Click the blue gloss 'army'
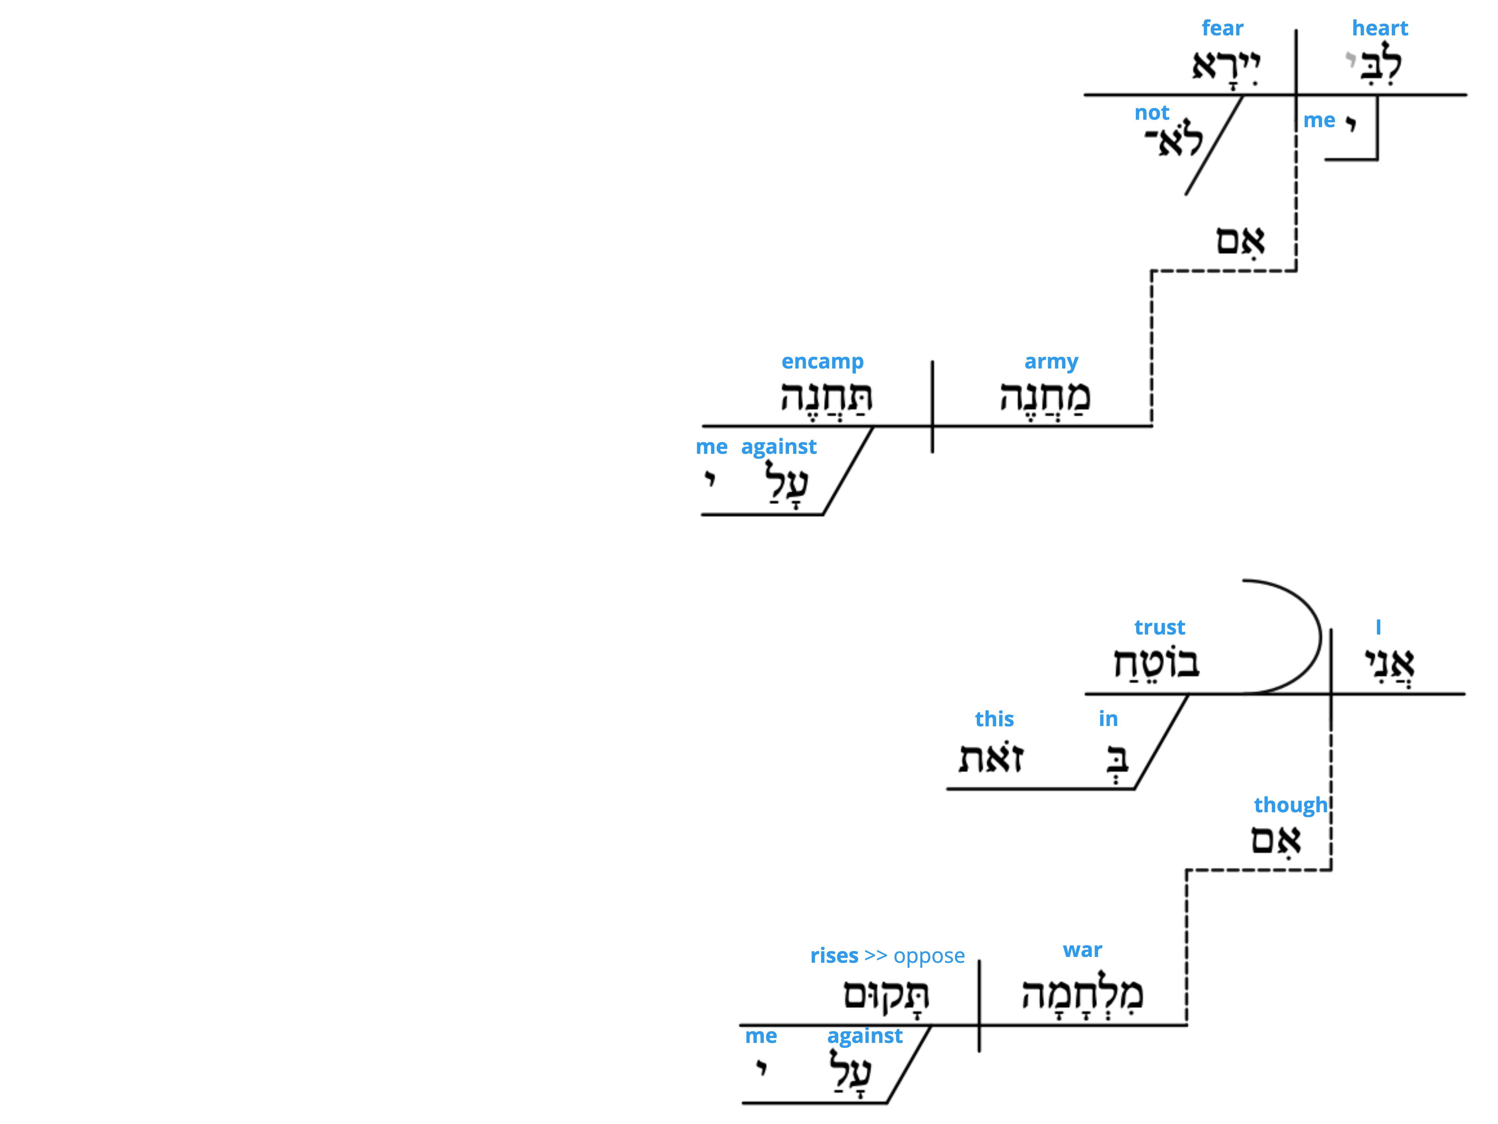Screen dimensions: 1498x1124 (x=1051, y=362)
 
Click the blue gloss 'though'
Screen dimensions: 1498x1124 (x=1291, y=805)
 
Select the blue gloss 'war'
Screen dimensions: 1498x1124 (x=1082, y=950)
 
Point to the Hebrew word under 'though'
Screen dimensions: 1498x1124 (x=1276, y=840)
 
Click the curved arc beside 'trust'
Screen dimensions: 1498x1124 (x=1320, y=636)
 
